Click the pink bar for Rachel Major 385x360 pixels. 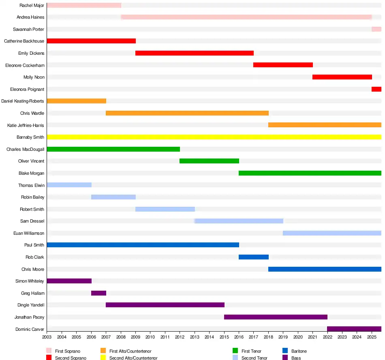[84, 5]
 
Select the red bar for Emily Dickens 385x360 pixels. [195, 53]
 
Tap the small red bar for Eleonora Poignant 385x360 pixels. [376, 89]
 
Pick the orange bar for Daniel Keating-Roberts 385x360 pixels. [76, 101]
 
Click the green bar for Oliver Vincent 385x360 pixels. [209, 161]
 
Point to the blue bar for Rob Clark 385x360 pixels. [254, 257]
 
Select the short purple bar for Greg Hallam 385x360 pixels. [98, 293]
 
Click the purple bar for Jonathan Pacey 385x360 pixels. [276, 317]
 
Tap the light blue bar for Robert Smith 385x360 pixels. [165, 209]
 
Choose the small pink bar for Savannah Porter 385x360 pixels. [376, 29]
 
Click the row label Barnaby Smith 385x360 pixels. [30, 137]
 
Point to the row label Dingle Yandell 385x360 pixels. [31, 305]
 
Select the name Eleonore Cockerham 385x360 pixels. [25, 65]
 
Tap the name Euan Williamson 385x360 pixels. [29, 233]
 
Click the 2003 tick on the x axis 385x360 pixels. [47, 337]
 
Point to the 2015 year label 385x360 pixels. [224, 337]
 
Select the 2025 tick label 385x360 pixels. [372, 337]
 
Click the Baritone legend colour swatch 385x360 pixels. [285, 351]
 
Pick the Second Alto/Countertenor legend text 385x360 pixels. [133, 358]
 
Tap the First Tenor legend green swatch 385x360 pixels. [235, 351]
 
